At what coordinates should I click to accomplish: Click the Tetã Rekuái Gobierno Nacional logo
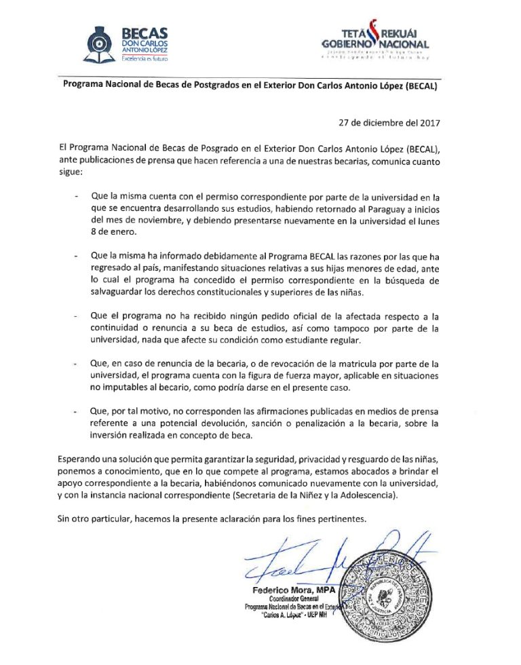tap(375, 43)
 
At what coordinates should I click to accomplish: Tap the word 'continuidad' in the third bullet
tap(117, 328)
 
